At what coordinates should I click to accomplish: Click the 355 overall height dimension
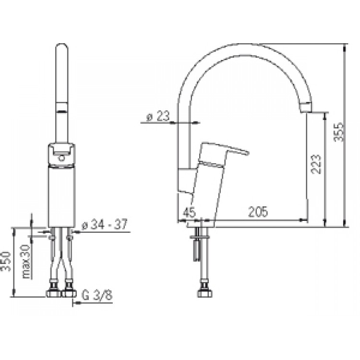[338, 132]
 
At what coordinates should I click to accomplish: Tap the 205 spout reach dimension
[258, 212]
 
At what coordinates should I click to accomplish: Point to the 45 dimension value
[189, 212]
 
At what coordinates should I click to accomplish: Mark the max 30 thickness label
[26, 262]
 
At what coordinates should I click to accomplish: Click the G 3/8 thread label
[97, 295]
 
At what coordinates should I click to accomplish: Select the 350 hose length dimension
[6, 261]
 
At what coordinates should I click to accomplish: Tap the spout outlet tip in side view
[306, 107]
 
